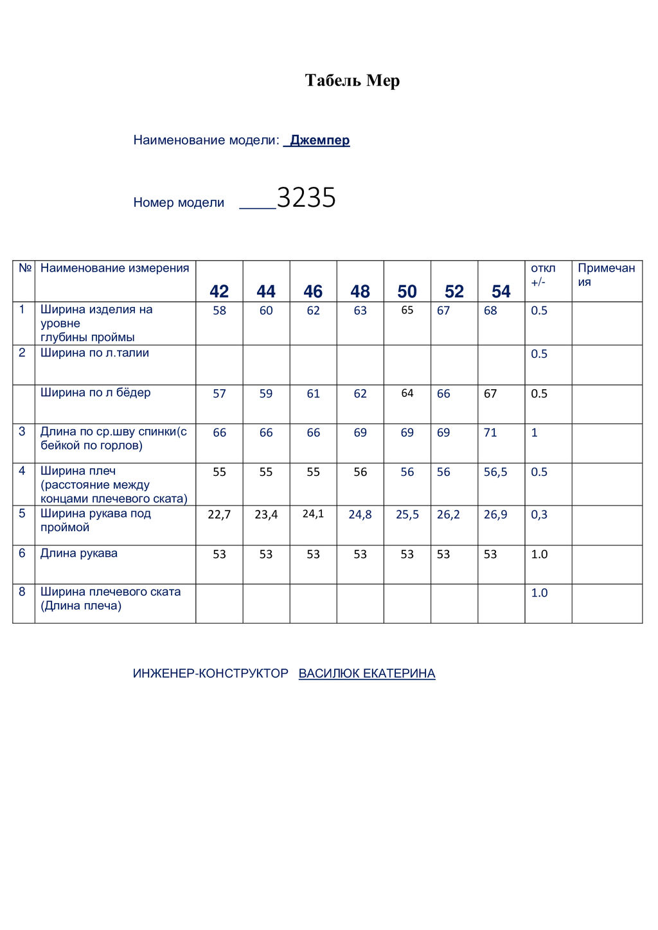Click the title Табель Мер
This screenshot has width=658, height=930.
352,81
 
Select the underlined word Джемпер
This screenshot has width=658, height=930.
319,140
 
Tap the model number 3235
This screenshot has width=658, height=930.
306,198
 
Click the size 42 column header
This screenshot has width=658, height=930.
219,292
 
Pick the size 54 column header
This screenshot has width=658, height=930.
501,292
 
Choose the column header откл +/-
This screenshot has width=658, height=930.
543,275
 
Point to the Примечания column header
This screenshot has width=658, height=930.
606,275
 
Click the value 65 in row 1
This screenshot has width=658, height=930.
407,310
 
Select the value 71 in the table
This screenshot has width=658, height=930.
490,433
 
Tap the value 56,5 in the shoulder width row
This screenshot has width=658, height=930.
495,472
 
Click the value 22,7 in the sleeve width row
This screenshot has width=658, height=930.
219,514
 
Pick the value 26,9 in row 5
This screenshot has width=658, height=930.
495,514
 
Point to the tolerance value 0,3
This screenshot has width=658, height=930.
539,514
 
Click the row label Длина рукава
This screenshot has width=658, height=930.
79,553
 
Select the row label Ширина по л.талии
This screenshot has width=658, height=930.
94,353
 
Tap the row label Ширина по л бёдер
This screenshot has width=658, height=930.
95,392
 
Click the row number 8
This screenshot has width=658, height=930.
22,592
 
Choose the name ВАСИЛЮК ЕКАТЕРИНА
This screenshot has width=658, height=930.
367,673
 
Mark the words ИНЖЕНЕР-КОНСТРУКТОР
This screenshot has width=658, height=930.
211,673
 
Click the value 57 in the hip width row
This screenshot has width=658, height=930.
219,394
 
